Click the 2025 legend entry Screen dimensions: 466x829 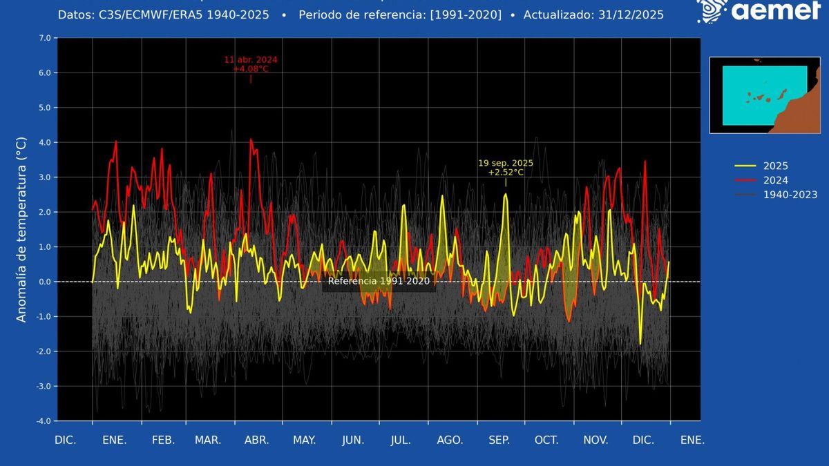[774, 166]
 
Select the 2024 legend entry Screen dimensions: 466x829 [774, 180]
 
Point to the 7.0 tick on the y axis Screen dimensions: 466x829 [44, 38]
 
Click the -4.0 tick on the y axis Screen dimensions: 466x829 [43, 420]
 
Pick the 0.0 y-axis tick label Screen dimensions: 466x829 [44, 282]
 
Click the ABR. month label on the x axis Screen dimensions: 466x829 [256, 440]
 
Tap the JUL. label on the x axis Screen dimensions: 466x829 [401, 440]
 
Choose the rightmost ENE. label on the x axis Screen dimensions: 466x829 [692, 440]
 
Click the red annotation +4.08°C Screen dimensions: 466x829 [251, 69]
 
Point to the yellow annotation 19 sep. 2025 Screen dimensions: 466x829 [506, 163]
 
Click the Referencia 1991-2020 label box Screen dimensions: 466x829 [379, 281]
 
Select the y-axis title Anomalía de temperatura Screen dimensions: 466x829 [21, 229]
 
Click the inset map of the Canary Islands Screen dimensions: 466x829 [764, 95]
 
